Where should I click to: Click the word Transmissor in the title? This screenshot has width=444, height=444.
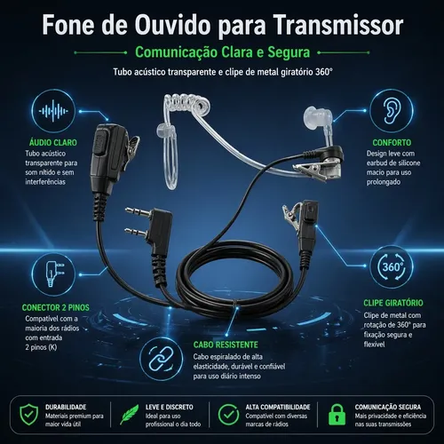(338, 25)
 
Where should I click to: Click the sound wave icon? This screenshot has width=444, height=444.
(53, 111)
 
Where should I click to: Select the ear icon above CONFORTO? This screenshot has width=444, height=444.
(392, 111)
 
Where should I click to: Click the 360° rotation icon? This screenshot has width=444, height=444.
(392, 266)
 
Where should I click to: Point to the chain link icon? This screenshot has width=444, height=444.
(161, 359)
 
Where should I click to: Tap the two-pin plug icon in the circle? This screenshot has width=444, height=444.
(55, 274)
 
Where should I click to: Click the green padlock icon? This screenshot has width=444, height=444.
(337, 414)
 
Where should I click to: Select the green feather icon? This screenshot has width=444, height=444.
(130, 415)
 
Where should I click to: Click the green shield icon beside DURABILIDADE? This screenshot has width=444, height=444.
(29, 415)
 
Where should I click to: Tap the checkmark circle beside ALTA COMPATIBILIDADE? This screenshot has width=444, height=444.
(228, 415)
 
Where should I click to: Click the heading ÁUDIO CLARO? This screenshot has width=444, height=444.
(53, 143)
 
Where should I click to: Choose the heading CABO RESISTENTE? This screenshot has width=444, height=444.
(226, 345)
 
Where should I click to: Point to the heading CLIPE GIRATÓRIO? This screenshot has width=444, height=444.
(393, 303)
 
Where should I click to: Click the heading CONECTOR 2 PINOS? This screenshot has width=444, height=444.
(56, 308)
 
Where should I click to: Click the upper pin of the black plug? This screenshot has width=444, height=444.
(137, 211)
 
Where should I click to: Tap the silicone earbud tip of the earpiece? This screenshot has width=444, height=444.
(313, 115)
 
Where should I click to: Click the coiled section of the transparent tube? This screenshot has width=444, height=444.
(187, 102)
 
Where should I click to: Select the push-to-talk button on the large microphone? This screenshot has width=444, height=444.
(99, 144)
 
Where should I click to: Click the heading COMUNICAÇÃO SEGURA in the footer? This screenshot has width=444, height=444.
(388, 408)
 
